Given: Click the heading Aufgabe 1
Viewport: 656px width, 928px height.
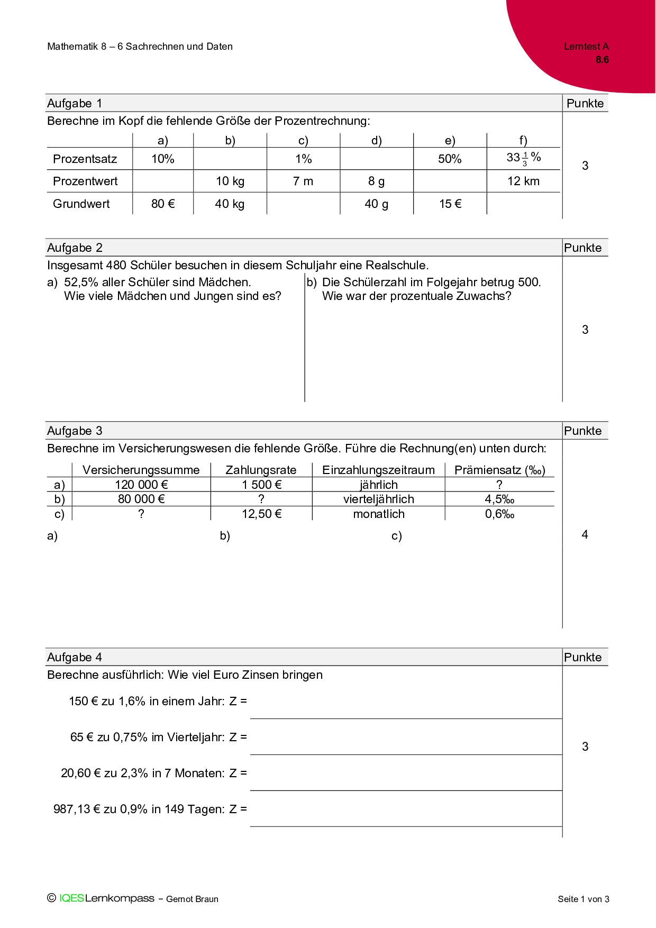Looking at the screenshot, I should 75,103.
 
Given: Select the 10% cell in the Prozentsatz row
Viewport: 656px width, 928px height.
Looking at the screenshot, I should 163,159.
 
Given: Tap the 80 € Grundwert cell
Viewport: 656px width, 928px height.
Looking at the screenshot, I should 163,204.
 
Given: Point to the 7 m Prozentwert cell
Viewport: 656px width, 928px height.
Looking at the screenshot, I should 303,181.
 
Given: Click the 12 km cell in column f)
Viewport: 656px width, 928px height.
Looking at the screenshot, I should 523,181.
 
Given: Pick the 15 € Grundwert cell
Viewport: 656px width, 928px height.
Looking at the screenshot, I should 450,204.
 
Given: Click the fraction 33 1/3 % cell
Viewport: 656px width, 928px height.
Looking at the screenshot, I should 523,158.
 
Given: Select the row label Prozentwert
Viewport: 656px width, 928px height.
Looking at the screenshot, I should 85,181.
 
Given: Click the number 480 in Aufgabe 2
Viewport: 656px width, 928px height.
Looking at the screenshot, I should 116,265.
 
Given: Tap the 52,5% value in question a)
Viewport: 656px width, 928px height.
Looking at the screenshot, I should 81,282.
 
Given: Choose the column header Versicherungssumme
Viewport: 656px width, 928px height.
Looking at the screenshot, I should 141,470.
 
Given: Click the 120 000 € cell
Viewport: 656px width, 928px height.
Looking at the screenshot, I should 141,485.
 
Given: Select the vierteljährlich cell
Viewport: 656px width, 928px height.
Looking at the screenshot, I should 378,499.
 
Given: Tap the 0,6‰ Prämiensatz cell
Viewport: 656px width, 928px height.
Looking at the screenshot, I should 499,514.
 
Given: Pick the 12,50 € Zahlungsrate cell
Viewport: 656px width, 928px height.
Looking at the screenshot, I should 261,514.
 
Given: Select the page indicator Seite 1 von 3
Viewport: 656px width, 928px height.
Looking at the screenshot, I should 583,899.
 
